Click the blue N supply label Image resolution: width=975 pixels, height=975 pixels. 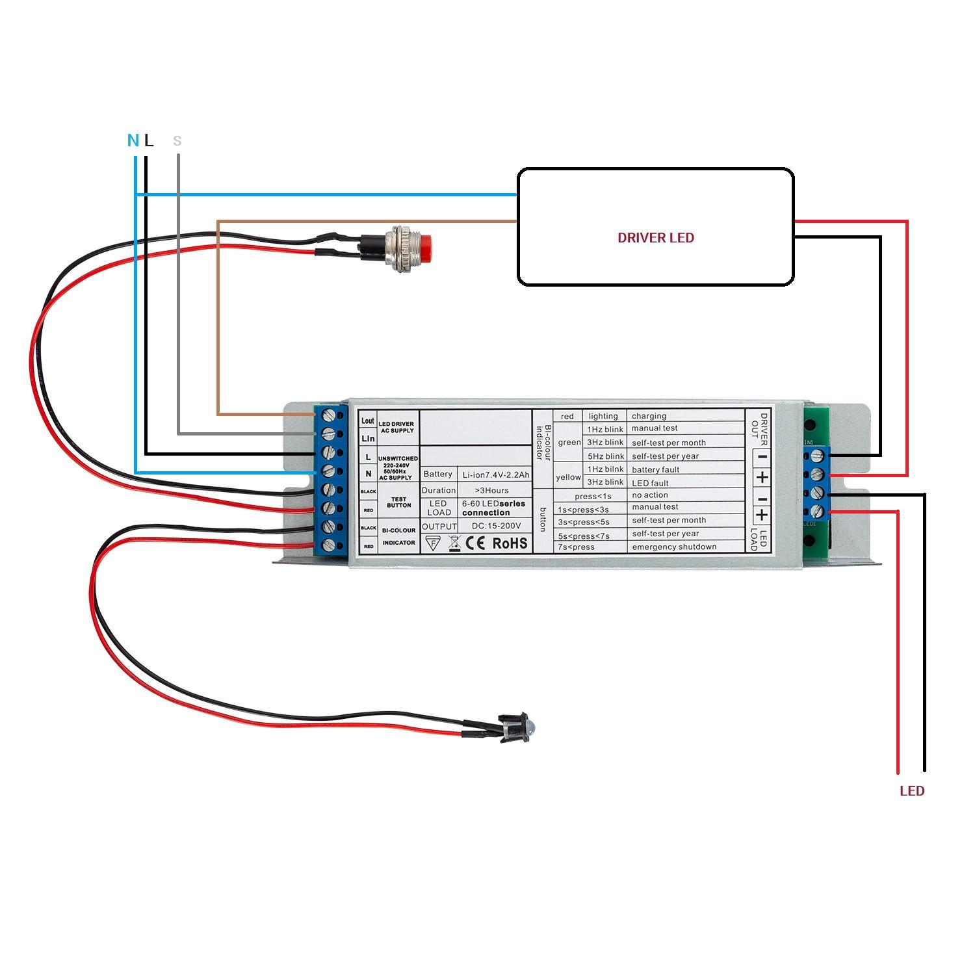tap(133, 140)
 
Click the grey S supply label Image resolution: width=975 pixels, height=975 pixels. tap(177, 140)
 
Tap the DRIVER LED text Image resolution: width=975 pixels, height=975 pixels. tap(655, 238)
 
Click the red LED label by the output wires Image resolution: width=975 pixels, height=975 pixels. tap(911, 791)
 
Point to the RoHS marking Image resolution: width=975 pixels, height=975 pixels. tap(510, 543)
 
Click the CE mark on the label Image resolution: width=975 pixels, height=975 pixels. tap(476, 543)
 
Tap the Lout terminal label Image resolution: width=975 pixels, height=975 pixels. tap(368, 421)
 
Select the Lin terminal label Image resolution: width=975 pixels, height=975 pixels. tap(368, 439)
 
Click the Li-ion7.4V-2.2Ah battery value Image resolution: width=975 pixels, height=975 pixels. tap(496, 475)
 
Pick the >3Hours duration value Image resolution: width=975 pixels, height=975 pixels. tap(492, 490)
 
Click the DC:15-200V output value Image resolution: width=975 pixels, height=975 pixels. tap(497, 526)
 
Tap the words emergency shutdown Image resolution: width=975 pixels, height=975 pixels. tap(674, 547)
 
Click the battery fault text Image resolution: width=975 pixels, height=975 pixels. tap(655, 469)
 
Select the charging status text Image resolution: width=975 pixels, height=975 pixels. tap(649, 416)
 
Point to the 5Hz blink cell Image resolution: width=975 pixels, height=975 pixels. tap(605, 456)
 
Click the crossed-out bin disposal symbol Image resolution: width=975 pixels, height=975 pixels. tap(455, 543)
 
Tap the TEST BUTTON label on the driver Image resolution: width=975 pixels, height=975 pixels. tap(398, 502)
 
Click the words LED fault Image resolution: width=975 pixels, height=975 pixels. tap(650, 483)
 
